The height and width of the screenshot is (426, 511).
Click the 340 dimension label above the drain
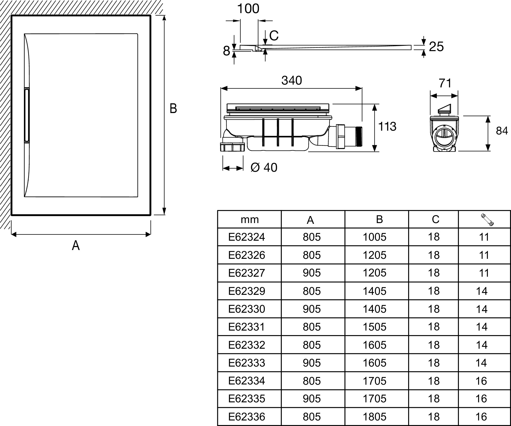coord(291,81)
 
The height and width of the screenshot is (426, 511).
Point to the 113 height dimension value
coord(387,126)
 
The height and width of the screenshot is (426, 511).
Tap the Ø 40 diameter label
coord(264,167)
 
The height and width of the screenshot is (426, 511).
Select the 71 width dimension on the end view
coord(445,83)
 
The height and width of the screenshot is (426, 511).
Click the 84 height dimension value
coord(502,131)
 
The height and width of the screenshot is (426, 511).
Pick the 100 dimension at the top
coord(248,9)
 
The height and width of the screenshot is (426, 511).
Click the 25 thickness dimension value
coord(436,47)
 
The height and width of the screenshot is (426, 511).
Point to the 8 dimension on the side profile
coord(226,51)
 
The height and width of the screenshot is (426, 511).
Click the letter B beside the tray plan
coord(173,109)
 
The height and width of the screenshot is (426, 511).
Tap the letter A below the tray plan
coord(76,245)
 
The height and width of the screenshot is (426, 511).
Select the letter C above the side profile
coord(274,36)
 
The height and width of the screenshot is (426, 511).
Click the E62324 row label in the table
coord(246,237)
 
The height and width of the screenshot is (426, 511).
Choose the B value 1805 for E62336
coord(374,417)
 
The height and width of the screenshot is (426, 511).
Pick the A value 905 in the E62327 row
coord(312,273)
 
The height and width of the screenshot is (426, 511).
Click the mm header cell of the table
coord(249,220)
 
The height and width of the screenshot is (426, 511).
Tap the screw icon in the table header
coord(487,220)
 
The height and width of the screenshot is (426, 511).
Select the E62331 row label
coord(246,327)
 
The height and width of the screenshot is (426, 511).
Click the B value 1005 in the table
coord(374,237)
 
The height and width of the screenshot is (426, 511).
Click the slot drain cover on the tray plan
coord(26,115)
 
